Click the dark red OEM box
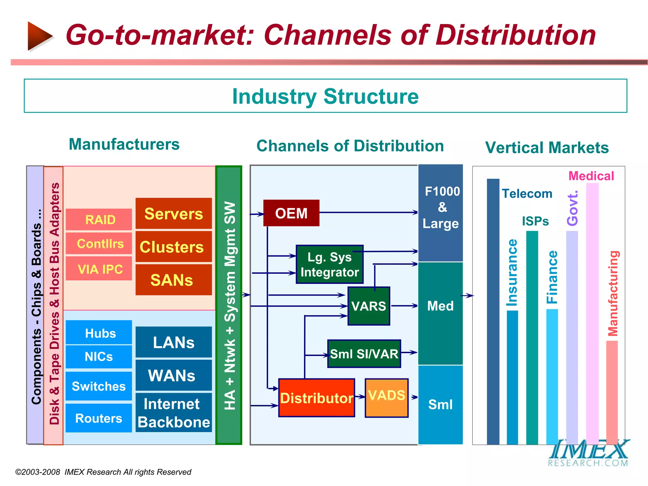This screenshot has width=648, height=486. click(291, 213)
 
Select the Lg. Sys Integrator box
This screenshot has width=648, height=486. click(329, 265)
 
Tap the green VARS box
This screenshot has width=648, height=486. click(369, 306)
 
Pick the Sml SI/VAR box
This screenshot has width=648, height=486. click(364, 354)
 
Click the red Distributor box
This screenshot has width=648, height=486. click(316, 398)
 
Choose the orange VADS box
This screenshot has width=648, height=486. click(386, 398)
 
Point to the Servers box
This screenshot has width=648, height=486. click(174, 214)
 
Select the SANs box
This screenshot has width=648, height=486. click(174, 280)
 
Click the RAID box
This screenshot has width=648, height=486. click(99, 219)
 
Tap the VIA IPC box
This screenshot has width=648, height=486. click(99, 269)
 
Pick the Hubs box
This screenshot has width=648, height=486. click(99, 333)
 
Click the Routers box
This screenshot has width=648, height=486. click(99, 418)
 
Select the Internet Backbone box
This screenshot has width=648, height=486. click(174, 413)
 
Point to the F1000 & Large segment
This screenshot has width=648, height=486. click(440, 213)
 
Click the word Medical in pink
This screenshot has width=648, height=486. click(591, 176)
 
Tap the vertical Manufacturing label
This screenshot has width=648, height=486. click(613, 293)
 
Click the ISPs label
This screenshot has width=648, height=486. click(535, 221)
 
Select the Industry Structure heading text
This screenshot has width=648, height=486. click(325, 96)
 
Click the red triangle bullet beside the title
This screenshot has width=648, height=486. click(39, 36)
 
